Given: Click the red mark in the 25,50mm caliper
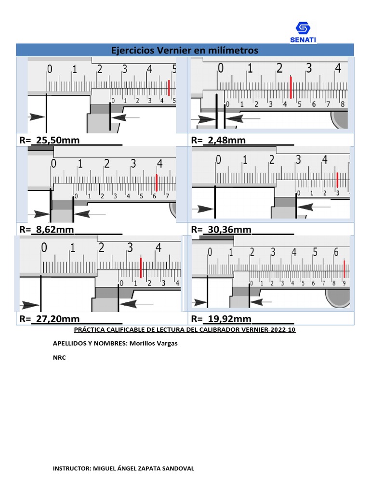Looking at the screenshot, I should [x=169, y=88].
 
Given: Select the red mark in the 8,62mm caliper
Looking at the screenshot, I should [x=157, y=182].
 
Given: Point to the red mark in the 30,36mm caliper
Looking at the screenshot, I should [x=338, y=180].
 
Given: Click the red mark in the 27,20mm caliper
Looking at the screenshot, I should [x=140, y=268].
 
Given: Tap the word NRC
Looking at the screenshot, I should [x=58, y=358].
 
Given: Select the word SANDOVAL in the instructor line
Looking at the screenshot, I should [x=176, y=468].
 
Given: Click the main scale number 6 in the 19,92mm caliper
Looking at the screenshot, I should [x=336, y=252].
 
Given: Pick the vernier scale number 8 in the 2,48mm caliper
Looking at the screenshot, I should [x=343, y=104].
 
